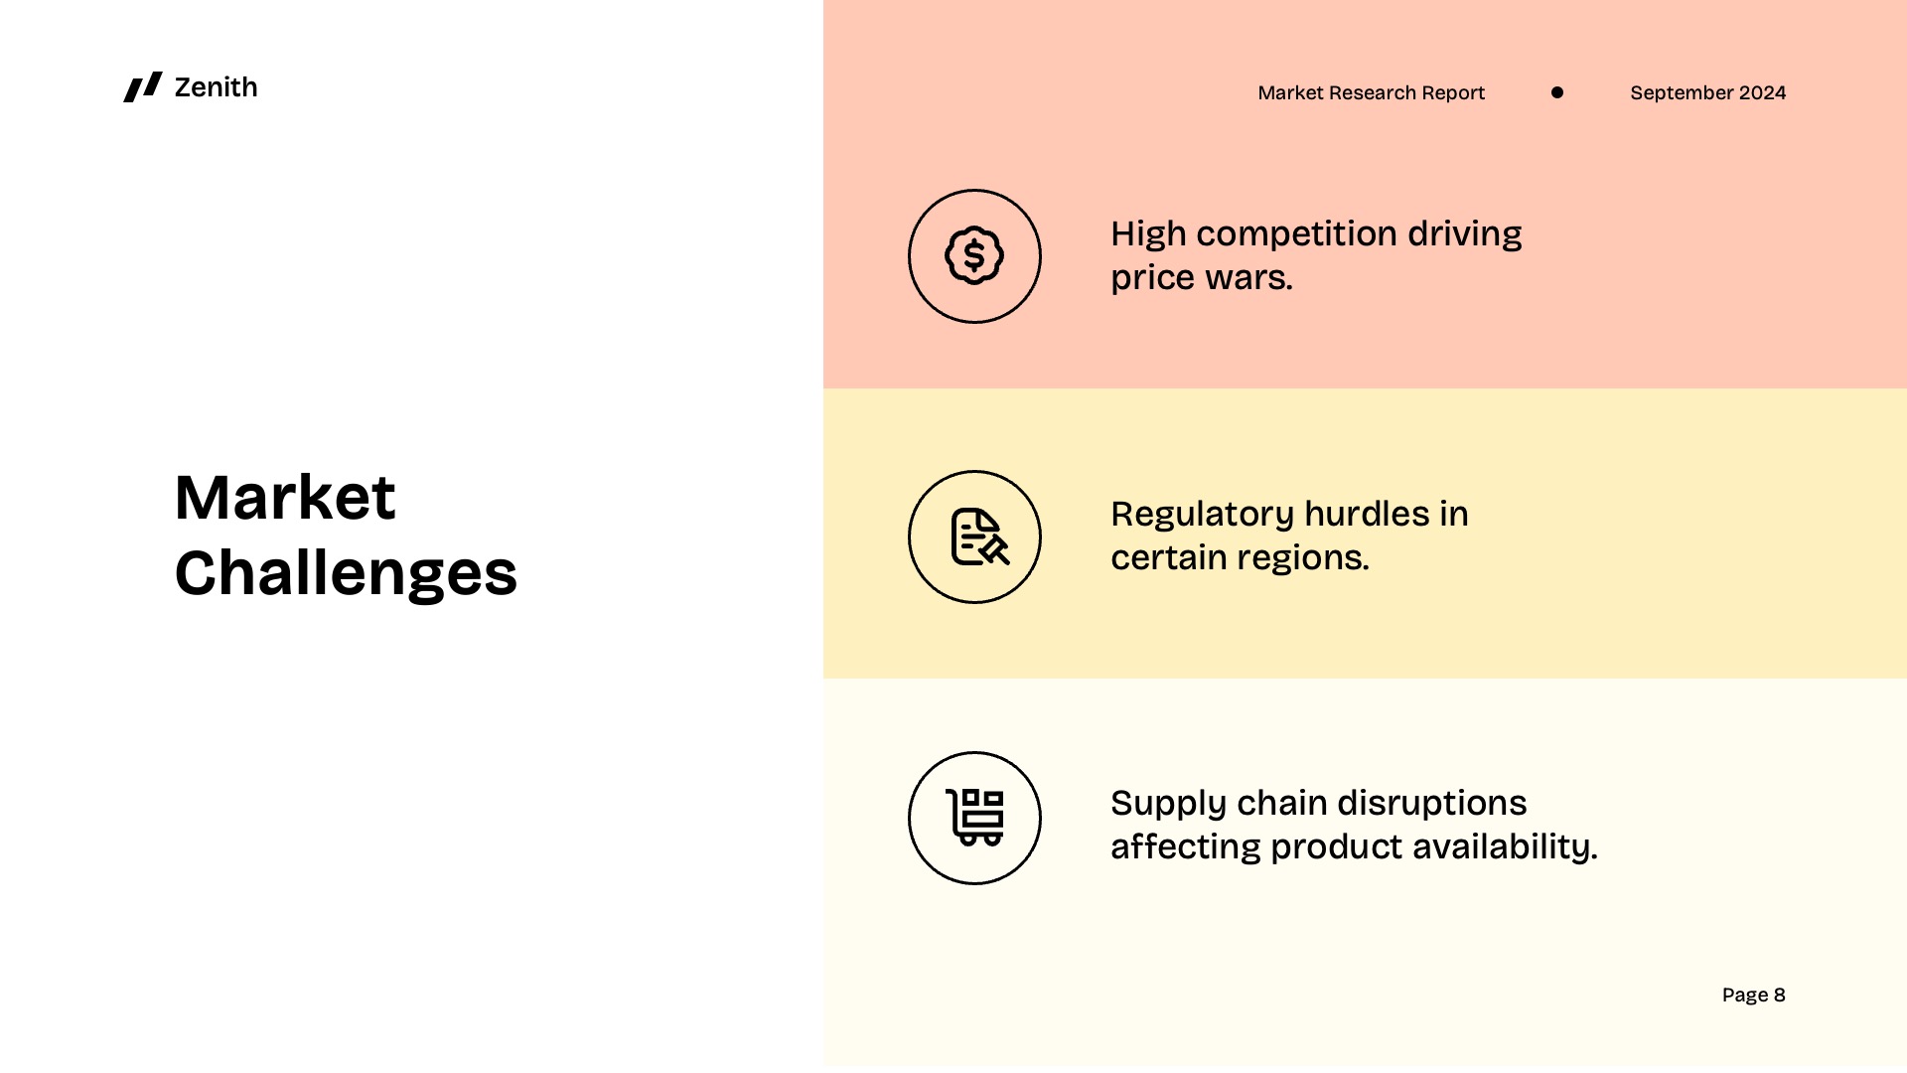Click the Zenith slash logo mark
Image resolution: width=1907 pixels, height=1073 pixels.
[x=142, y=87]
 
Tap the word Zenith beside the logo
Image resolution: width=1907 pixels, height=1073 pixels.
[x=216, y=87]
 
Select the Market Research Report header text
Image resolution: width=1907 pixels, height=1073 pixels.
[x=1371, y=92]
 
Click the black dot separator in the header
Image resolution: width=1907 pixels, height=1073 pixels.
[x=1556, y=92]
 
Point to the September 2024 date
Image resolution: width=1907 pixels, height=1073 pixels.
[x=1707, y=92]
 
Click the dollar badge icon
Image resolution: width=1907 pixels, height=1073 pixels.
[x=974, y=256]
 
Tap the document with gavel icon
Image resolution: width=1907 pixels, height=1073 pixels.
[x=978, y=537]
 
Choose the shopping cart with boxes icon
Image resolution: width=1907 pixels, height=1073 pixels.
[x=975, y=818]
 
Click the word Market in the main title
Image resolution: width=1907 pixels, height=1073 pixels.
[x=285, y=497]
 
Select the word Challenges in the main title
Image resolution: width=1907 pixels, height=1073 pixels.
[x=346, y=573]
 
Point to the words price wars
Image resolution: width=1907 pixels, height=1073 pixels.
[x=1201, y=278]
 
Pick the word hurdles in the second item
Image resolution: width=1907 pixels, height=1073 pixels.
[x=1366, y=515]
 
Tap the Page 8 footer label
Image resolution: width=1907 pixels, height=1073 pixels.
[x=1753, y=995]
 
